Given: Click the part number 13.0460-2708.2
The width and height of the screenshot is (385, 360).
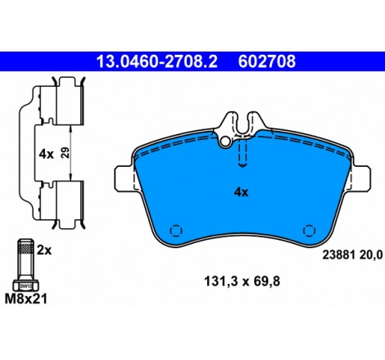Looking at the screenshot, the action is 156,61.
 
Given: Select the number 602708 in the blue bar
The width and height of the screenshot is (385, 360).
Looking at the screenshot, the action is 267,61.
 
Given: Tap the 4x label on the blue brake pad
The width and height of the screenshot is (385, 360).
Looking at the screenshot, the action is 241,192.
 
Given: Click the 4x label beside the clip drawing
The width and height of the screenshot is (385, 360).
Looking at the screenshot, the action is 46,155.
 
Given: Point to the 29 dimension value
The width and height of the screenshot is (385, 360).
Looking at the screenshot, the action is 66,153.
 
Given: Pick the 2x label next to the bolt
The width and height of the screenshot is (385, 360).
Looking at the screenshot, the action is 44,250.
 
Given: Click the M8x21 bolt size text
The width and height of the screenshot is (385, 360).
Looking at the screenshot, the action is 26,299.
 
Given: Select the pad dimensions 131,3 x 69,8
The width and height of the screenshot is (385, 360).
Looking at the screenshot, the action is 242,281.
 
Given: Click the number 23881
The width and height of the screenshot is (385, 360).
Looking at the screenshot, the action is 338,255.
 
